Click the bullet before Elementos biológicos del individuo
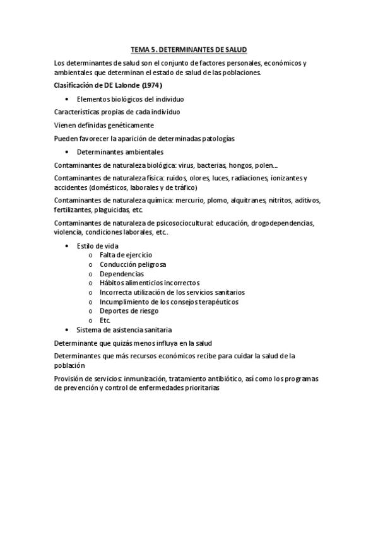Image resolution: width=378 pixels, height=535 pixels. click(67, 100)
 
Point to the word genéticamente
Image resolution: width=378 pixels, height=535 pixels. click(128, 125)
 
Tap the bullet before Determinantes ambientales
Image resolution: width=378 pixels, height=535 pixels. click(67, 152)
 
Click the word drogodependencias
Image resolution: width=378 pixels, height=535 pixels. click(281, 223)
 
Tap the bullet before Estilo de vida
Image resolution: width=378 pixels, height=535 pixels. click(67, 245)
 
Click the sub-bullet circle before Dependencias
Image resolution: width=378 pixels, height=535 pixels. click(92, 274)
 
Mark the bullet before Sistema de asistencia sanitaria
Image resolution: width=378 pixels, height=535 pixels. click(67, 329)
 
